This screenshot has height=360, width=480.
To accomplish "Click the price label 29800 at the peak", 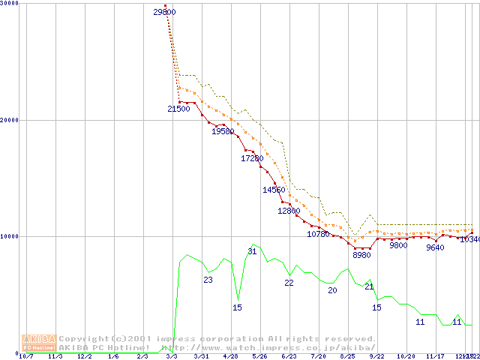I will coord(164,12).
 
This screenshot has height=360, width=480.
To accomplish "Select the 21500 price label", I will coord(178,109).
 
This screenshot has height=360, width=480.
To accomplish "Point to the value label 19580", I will coord(223,132).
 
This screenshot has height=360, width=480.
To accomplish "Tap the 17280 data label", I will coord(252,159).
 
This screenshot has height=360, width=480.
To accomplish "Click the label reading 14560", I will coord(274,190).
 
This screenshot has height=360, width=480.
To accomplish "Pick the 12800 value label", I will coord(289,211).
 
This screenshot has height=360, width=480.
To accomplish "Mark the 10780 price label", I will coord(318,235).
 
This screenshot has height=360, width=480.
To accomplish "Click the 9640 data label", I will coord(435,248).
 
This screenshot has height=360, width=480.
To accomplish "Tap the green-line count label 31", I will coord(252,252).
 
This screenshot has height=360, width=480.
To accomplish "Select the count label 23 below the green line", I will coord(208,280).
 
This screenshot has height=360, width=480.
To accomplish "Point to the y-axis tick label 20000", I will coord(10,120).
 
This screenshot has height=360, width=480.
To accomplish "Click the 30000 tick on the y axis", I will coord(10,4).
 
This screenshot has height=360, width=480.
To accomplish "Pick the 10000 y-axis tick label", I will coord(10,236).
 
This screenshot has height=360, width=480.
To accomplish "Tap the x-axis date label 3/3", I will coord(172,357).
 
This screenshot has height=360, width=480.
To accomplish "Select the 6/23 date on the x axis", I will coord(289,357).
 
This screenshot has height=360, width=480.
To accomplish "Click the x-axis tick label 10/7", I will coord(26,357).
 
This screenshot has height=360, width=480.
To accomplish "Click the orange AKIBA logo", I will coord(39,342).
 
